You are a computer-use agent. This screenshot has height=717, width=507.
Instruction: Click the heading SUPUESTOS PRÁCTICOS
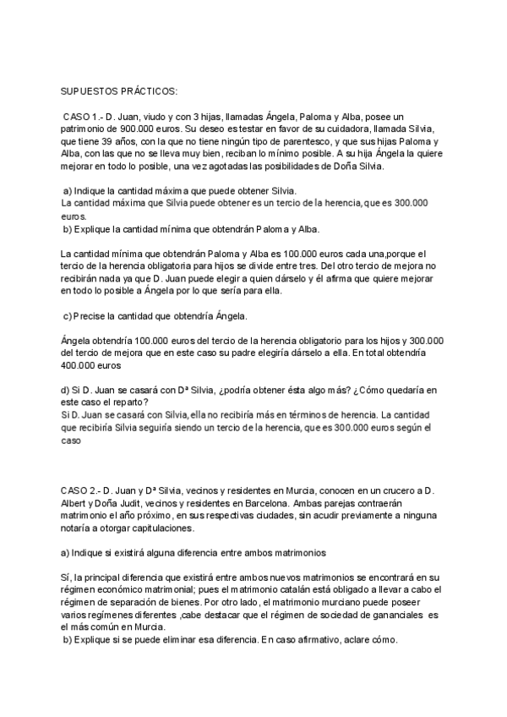[113, 91]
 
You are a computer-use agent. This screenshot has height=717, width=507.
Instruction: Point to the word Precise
[94, 316]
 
